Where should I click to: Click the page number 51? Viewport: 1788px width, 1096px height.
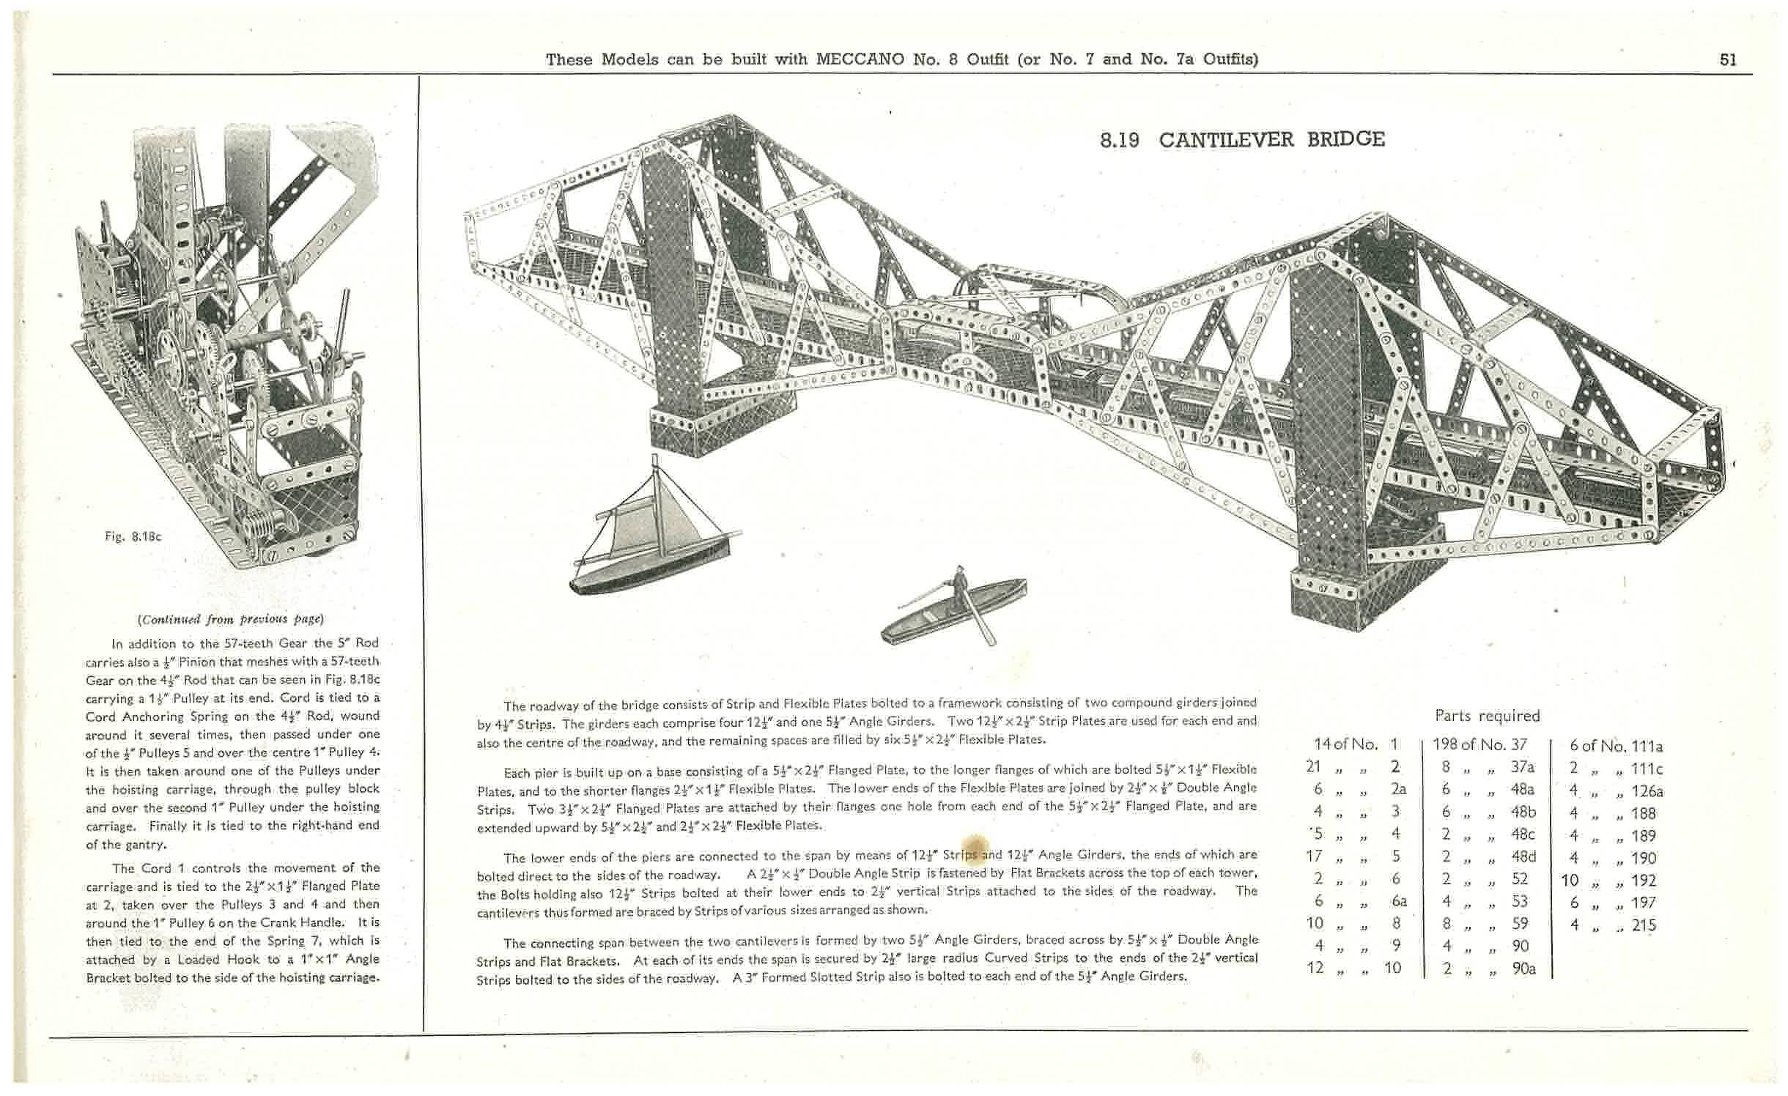pyautogui.click(x=1728, y=60)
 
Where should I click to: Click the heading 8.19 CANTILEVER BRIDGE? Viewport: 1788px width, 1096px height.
pyautogui.click(x=1242, y=139)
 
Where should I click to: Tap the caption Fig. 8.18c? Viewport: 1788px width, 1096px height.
pyautogui.click(x=133, y=536)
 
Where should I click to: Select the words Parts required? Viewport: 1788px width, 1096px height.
pyautogui.click(x=1487, y=716)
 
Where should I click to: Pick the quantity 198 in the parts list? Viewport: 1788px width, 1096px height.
pyautogui.click(x=1444, y=745)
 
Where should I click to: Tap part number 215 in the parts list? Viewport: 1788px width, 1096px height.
pyautogui.click(x=1644, y=925)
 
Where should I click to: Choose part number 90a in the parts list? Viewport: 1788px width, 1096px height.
pyautogui.click(x=1523, y=969)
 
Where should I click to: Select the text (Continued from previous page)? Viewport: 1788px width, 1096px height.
pyautogui.click(x=231, y=619)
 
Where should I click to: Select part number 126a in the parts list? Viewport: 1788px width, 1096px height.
pyautogui.click(x=1647, y=791)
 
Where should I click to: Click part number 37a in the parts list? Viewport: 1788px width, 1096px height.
pyautogui.click(x=1522, y=767)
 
